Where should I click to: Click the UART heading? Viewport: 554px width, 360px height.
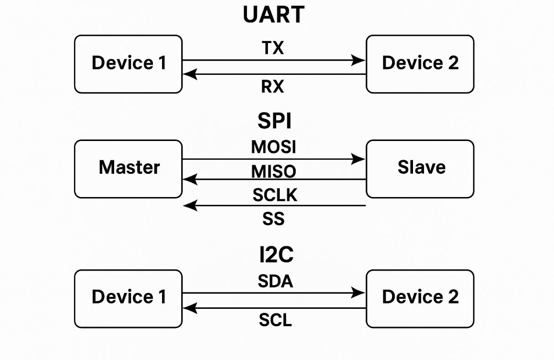273,15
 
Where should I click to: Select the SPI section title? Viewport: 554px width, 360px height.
274,121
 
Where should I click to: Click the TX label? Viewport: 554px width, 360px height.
273,47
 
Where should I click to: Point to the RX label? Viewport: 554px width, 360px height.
272,86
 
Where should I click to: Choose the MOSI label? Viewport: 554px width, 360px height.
273,147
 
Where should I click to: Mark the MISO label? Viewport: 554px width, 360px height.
273,172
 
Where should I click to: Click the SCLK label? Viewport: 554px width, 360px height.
275,195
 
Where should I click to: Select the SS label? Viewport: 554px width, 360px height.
273,219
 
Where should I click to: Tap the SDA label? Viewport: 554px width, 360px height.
275,282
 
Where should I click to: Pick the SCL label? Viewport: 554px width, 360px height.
275,320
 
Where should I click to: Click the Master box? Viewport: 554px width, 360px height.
128,168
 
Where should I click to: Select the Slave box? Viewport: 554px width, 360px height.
420,168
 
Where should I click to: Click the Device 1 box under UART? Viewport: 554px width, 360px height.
128,64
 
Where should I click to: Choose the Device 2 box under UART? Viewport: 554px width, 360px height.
420,64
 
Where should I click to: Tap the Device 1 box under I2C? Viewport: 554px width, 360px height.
128,298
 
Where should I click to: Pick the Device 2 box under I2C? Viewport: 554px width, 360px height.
420,298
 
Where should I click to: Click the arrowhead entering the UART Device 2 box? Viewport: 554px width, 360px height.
359,60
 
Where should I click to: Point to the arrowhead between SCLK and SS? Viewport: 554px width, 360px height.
190,206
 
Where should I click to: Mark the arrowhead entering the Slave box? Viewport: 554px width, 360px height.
359,159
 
